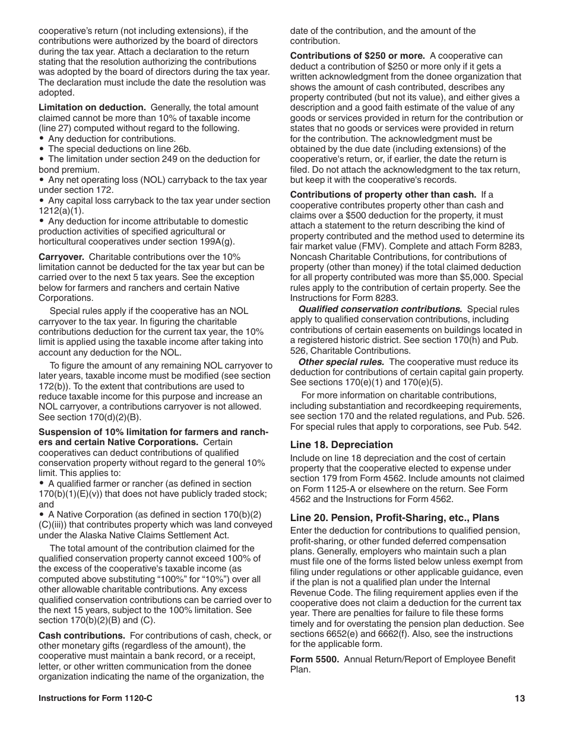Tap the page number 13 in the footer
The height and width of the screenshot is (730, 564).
pyautogui.click(x=520, y=699)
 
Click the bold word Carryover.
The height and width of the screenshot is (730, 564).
pyautogui.click(x=62, y=257)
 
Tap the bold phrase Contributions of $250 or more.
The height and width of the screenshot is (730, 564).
pyautogui.click(x=357, y=56)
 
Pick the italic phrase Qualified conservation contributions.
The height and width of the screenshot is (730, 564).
pyautogui.click(x=380, y=309)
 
